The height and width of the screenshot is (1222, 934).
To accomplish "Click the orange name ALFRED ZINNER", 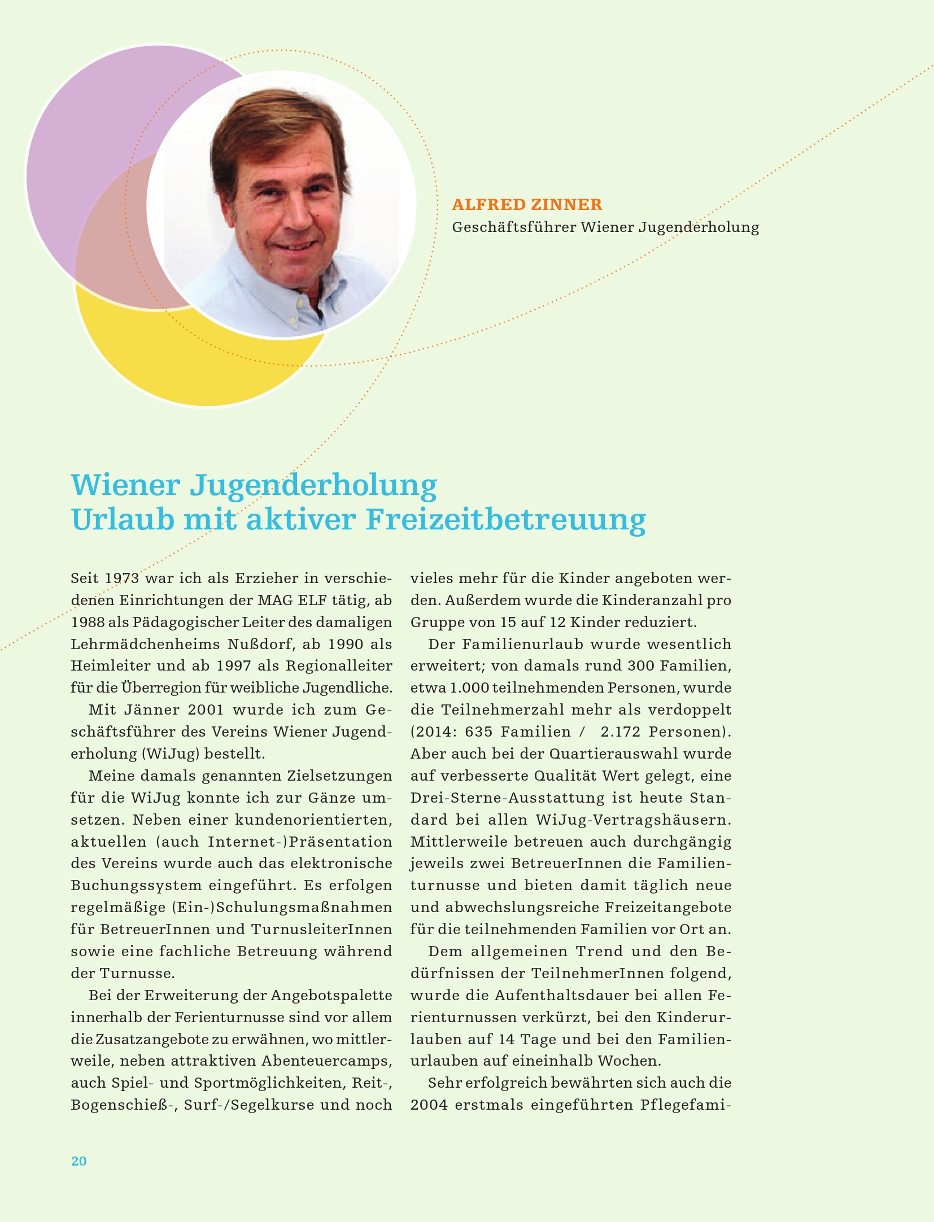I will (x=527, y=204).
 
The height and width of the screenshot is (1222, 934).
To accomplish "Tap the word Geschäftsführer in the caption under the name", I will (x=514, y=227).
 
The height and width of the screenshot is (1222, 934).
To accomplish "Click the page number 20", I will (x=78, y=1160).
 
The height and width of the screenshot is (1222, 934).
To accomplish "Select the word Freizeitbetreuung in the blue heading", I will (x=505, y=520).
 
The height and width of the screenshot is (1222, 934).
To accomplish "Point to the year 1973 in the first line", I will (x=122, y=579).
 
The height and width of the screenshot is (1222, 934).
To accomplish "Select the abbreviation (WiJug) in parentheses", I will (x=170, y=754).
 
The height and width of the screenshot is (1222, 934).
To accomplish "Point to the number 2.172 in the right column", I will (x=620, y=732).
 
